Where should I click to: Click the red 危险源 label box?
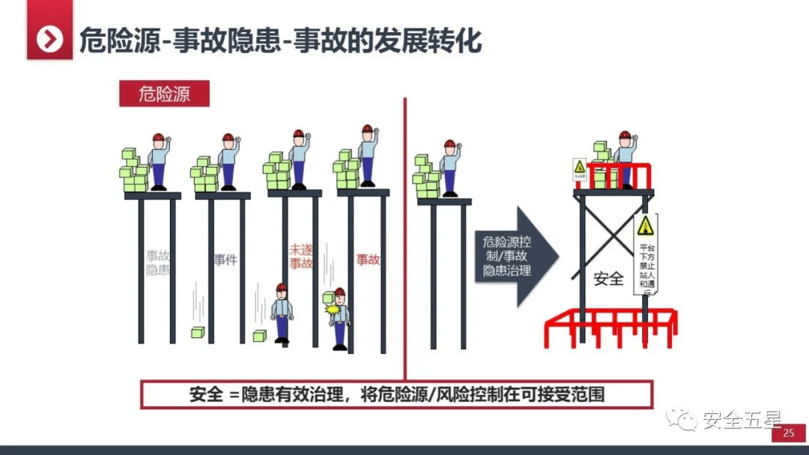coord(164,94)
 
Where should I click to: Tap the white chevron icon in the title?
coord(49,38)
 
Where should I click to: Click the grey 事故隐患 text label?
coord(157,262)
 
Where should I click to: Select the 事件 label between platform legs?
coord(225,260)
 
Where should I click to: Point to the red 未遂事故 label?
coord(300,256)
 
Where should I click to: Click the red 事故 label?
coord(368,260)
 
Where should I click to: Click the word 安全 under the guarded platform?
coord(608,279)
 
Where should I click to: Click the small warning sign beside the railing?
coord(579,170)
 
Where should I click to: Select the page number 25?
coord(788,434)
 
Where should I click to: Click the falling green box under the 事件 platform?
coord(197,332)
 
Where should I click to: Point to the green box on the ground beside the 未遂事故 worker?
coord(259,336)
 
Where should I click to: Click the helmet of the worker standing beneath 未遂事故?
coord(282,288)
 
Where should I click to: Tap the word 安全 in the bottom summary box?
coord(206,394)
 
